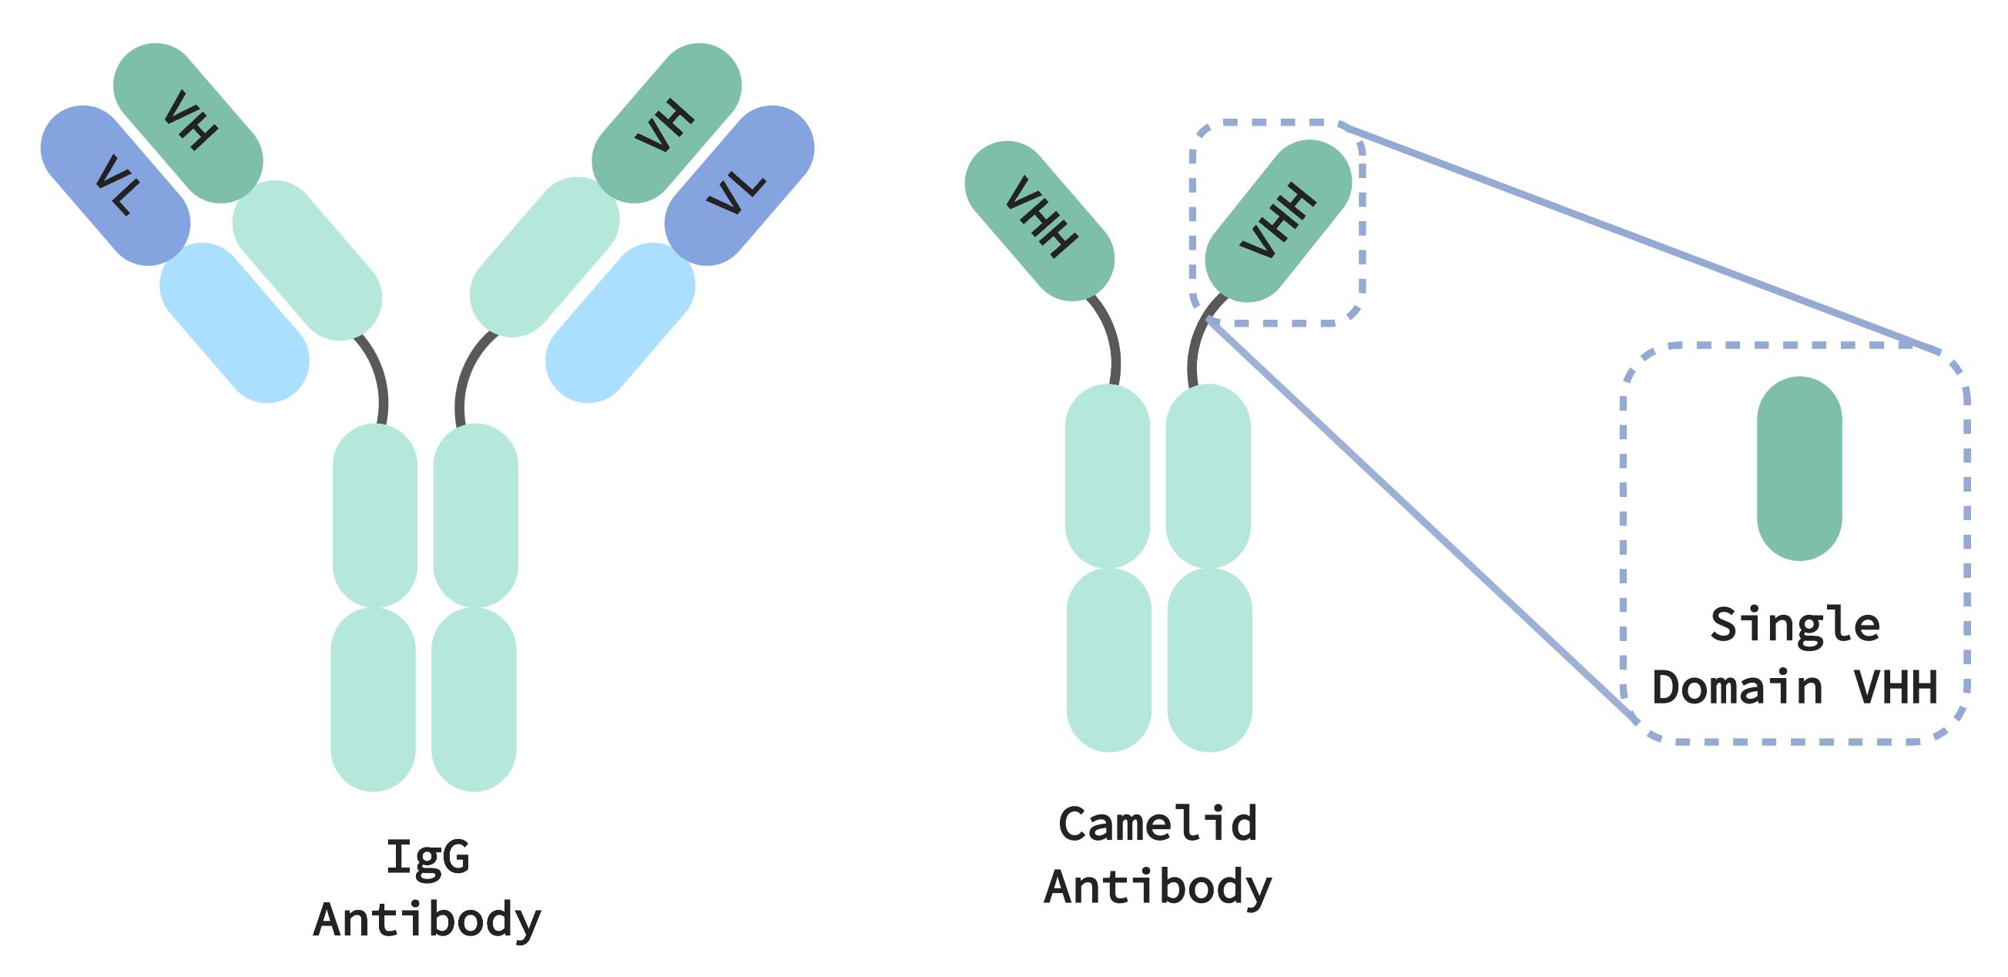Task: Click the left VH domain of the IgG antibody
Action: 188,123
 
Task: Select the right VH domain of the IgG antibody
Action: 666,123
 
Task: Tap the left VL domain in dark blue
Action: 116,186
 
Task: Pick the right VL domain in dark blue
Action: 739,186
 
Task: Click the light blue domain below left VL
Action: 235,323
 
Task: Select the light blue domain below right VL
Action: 620,323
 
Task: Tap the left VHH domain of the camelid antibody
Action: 1039,220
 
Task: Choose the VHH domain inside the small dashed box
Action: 1279,220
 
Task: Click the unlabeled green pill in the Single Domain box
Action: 1799,468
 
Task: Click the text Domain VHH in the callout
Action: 1795,688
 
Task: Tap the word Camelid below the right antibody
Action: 1158,824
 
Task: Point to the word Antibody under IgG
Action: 427,920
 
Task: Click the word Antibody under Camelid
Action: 1158,888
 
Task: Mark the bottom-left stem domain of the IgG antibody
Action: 373,700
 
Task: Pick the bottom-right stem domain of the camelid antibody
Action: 1210,660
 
